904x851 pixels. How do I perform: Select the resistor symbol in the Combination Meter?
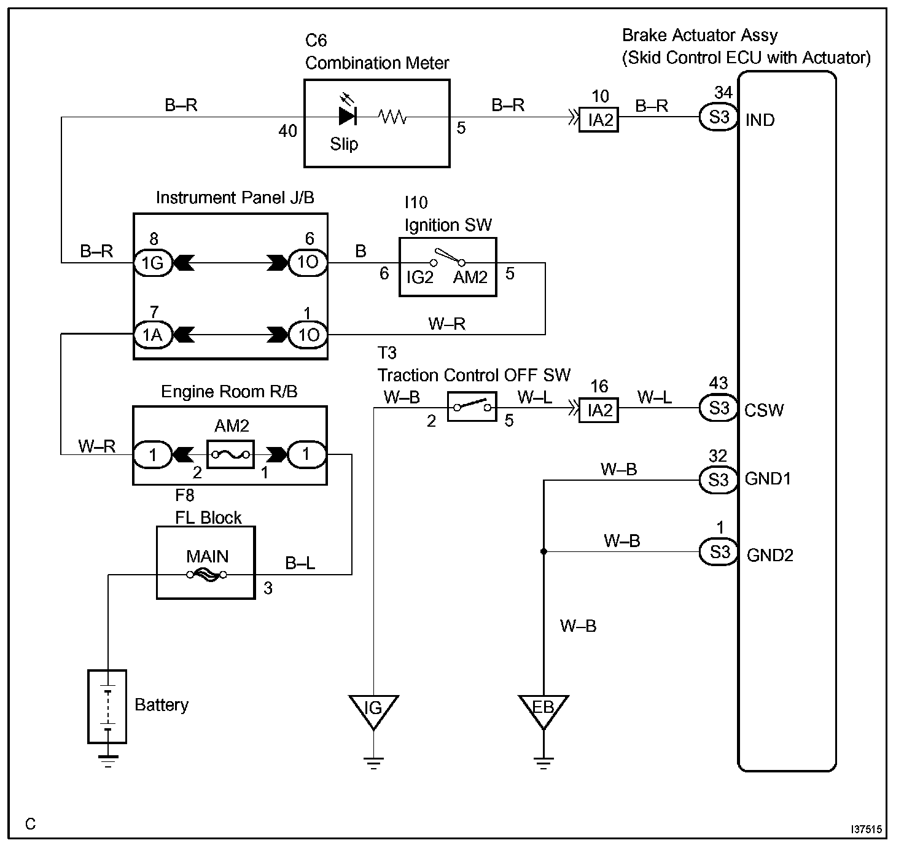392,117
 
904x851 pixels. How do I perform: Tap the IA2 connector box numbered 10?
599,120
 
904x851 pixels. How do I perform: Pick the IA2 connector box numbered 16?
599,410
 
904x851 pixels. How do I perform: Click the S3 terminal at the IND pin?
719,117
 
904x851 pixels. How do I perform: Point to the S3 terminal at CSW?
719,408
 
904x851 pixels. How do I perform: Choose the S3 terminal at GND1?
719,480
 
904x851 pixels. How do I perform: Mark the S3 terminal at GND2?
719,552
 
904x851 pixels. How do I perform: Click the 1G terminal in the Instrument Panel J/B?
153,263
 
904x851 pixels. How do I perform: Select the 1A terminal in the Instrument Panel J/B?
153,335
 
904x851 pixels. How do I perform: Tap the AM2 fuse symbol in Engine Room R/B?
230,454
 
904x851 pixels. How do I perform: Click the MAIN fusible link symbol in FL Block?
206,575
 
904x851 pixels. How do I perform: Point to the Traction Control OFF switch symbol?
472,406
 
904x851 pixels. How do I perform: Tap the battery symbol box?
107,707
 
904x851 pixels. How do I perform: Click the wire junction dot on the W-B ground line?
544,551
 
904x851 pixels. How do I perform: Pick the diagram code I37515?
866,830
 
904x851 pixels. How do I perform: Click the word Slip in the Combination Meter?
344,144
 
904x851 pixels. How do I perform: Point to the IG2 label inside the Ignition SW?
419,277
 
